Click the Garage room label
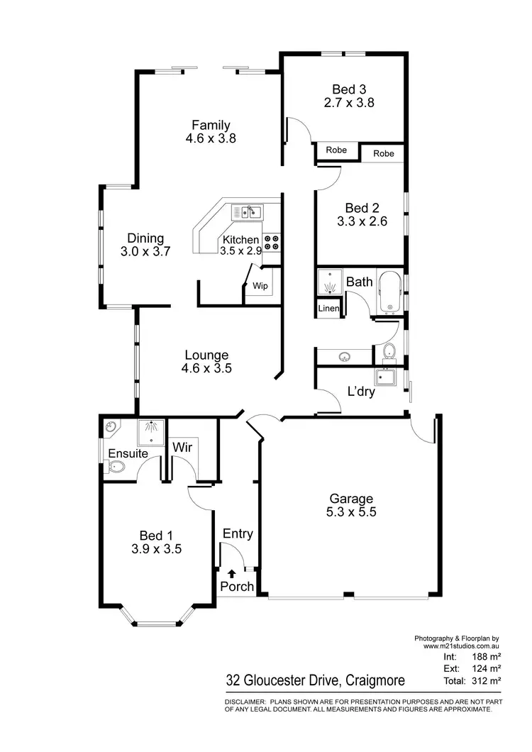point(351,498)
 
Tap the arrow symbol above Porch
point(231,573)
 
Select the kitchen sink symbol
point(247,211)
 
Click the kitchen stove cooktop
point(272,242)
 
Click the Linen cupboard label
point(328,309)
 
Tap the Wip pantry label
point(259,285)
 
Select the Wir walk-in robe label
point(182,448)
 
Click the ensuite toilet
point(116,467)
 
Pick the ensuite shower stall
point(150,428)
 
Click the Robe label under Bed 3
point(336,150)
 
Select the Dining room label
point(145,238)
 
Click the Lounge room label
point(206,355)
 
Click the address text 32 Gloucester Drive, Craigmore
point(316,681)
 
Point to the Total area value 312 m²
point(487,680)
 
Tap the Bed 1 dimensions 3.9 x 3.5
point(157,548)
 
